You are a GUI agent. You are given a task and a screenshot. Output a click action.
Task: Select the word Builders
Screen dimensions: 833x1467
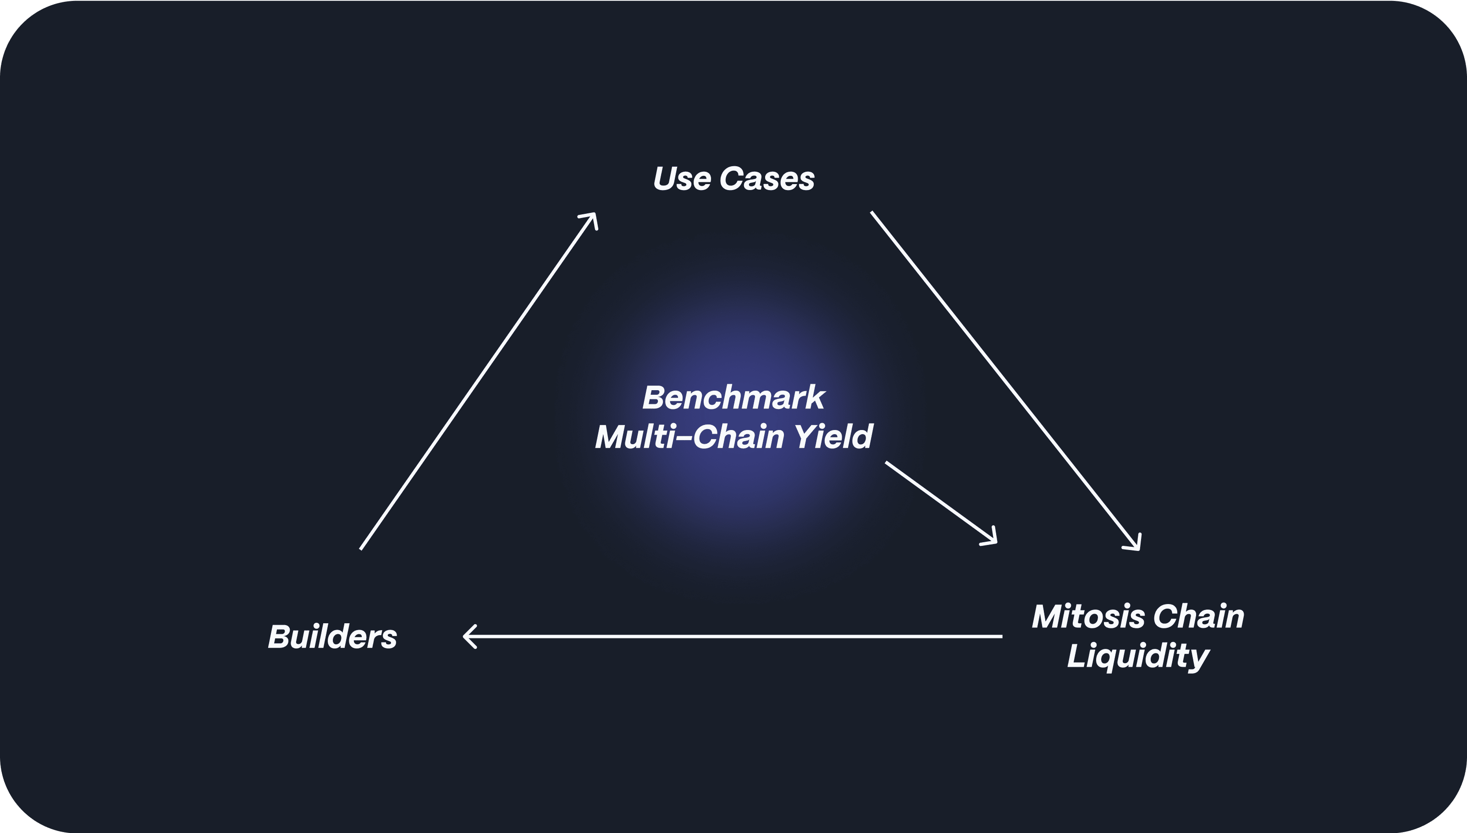click(332, 637)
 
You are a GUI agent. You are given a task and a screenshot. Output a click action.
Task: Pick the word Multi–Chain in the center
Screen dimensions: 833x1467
click(689, 436)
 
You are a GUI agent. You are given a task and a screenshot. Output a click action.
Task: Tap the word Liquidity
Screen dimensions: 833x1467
click(1138, 656)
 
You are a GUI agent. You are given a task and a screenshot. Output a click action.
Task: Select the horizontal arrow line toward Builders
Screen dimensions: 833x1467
click(733, 636)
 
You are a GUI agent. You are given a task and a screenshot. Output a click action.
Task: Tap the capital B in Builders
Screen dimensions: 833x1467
click(278, 637)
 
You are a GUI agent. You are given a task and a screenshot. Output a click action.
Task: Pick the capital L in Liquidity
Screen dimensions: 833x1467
click(1076, 656)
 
